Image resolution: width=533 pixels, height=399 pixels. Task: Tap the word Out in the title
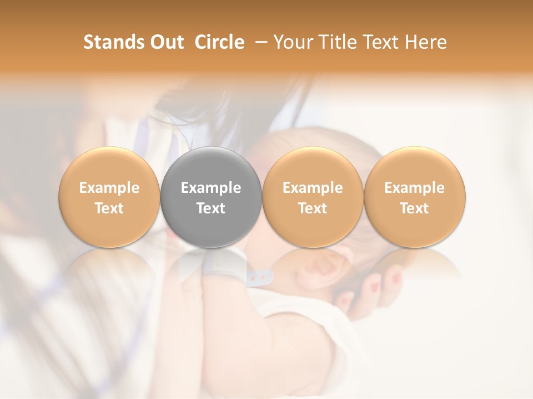(166, 42)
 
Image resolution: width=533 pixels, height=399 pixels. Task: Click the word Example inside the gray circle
(211, 188)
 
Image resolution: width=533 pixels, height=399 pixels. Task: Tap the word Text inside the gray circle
(211, 208)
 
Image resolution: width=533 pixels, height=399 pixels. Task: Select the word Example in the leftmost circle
(109, 188)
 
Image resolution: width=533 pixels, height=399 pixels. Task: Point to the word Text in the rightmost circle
(415, 208)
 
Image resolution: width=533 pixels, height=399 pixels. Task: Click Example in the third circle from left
(313, 188)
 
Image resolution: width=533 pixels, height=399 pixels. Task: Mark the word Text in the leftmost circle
(109, 208)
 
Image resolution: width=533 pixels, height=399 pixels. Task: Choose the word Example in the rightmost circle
(415, 188)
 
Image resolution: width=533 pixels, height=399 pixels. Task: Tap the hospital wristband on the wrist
(233, 266)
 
